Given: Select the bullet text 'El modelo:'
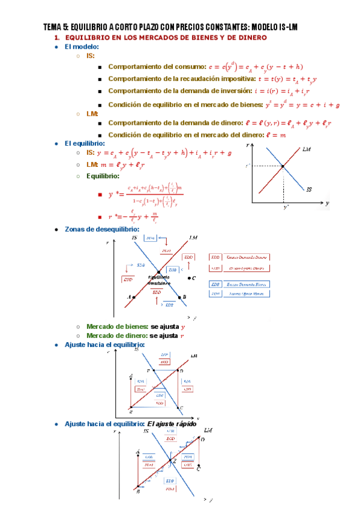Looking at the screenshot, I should coord(82,46).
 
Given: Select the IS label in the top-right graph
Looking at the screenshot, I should coord(309,190).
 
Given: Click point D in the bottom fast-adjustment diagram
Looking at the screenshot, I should coord(202,440).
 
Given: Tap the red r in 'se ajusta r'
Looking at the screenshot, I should coord(182,336).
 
